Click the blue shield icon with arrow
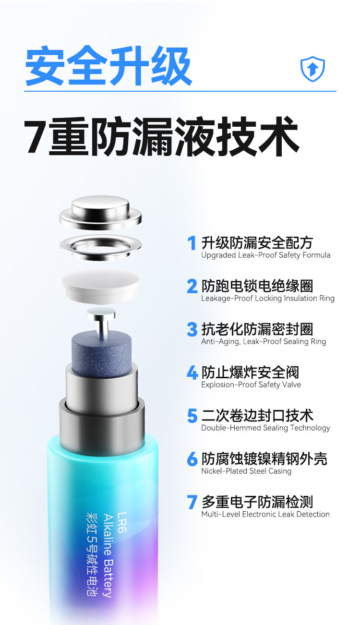312,69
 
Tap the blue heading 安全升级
108,66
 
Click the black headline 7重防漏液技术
161,136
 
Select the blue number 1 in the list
192,243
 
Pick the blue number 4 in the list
192,373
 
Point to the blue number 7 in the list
192,502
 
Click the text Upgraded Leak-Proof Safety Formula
265,255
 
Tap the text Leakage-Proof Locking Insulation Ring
268,298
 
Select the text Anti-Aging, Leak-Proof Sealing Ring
264,341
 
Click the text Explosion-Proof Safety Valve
251,385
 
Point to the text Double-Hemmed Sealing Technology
265,428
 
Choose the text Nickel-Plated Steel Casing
246,471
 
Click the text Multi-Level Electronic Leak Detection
265,514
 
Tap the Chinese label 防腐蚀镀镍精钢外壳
264,459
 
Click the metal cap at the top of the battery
100,212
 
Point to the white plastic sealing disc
101,286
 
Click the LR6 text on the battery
121,522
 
